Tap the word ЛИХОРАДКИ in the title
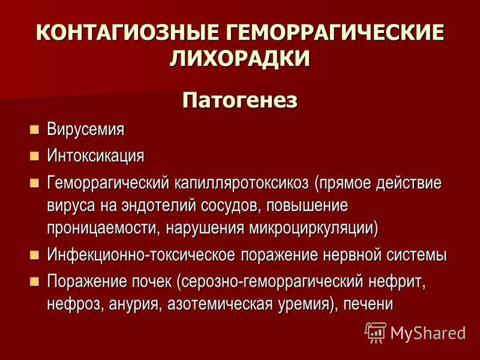pos(240,58)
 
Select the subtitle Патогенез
pos(239,100)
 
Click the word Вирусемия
pos(86,129)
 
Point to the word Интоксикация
pos(95,155)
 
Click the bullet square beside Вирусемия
pos(35,130)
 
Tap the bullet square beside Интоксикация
pos(35,156)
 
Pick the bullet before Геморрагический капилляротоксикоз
pos(35,184)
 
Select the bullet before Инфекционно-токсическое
pos(35,255)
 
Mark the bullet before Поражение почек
pos(35,281)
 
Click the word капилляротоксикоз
pos(242,184)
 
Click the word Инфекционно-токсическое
pos(141,254)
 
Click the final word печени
pos(368,304)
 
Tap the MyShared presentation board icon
pos(376,332)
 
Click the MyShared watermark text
pos(428,333)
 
